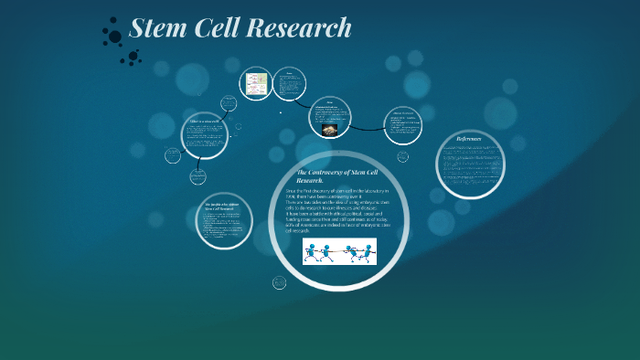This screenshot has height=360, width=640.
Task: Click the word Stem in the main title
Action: pyautogui.click(x=156, y=28)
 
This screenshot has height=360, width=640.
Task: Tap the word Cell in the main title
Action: pyautogui.click(x=216, y=28)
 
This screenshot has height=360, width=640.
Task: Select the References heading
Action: pyautogui.click(x=475, y=139)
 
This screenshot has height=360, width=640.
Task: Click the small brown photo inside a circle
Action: pyautogui.click(x=328, y=128)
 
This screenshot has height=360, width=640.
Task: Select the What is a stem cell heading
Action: pyautogui.click(x=204, y=122)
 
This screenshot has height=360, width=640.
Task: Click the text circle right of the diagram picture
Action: pyautogui.click(x=289, y=87)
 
